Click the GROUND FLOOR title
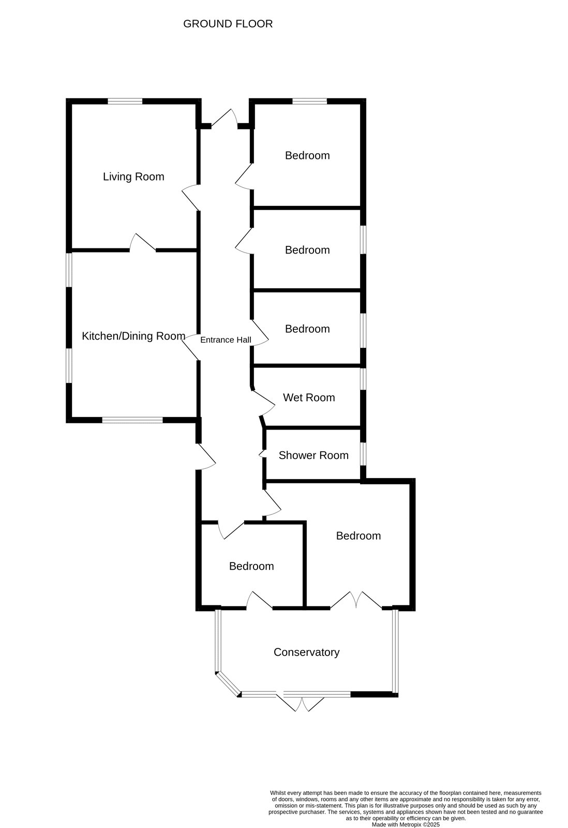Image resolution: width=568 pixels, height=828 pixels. (x=228, y=24)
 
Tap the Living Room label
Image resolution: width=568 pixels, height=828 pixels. (x=133, y=176)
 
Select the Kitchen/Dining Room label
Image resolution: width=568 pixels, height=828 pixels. (x=133, y=336)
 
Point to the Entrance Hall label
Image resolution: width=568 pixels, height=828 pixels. (x=226, y=339)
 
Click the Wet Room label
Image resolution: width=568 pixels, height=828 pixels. (x=309, y=397)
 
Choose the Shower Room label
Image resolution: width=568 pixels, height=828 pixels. (x=313, y=455)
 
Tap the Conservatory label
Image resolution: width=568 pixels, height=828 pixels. (x=306, y=652)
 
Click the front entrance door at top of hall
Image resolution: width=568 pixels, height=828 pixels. (x=225, y=119)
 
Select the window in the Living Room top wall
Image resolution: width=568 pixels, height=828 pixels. (x=125, y=101)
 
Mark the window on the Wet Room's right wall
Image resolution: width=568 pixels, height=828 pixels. (x=363, y=379)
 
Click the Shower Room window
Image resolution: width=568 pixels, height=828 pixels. (x=363, y=454)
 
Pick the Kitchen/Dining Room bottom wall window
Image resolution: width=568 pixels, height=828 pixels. (x=132, y=420)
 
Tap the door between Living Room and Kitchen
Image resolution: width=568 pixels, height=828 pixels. (x=143, y=243)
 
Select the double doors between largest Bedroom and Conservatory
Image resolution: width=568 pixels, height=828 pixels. (x=356, y=600)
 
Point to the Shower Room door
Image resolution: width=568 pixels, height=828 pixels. (x=263, y=454)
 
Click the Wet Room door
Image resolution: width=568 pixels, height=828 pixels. (x=264, y=403)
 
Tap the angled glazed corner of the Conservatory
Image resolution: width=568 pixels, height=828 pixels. (x=228, y=684)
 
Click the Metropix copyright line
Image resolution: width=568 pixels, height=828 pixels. (x=406, y=825)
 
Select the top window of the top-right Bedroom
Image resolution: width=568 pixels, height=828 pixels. (x=310, y=101)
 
